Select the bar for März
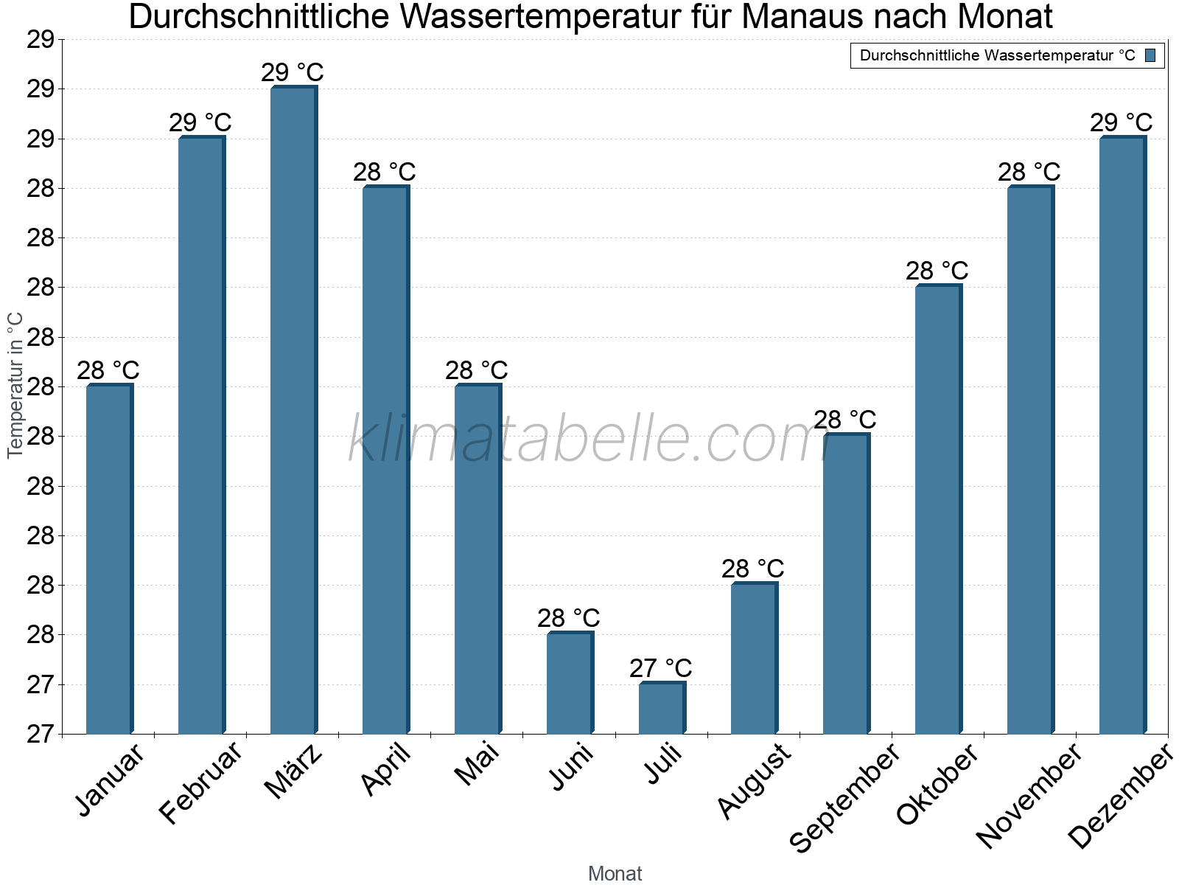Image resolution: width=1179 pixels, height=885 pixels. [293, 410]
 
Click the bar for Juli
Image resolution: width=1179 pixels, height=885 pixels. [661, 708]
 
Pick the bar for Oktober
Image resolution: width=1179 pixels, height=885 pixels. [937, 510]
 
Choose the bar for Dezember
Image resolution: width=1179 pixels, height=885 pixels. [1122, 435]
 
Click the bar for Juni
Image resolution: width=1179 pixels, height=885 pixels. [569, 683]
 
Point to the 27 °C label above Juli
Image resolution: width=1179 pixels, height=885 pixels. [661, 668]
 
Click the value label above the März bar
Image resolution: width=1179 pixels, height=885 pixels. [293, 73]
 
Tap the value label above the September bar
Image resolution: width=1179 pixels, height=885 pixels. [845, 420]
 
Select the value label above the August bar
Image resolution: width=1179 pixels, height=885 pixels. [753, 569]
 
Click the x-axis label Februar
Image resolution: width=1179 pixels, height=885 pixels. [200, 783]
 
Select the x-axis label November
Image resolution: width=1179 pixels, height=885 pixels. [1029, 795]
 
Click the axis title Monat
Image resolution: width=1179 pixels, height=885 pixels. [615, 874]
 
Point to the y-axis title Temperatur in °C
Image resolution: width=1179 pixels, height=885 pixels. [15, 385]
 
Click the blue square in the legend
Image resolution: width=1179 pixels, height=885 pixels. [1150, 55]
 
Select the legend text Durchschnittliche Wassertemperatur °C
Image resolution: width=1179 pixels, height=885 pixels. [997, 55]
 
